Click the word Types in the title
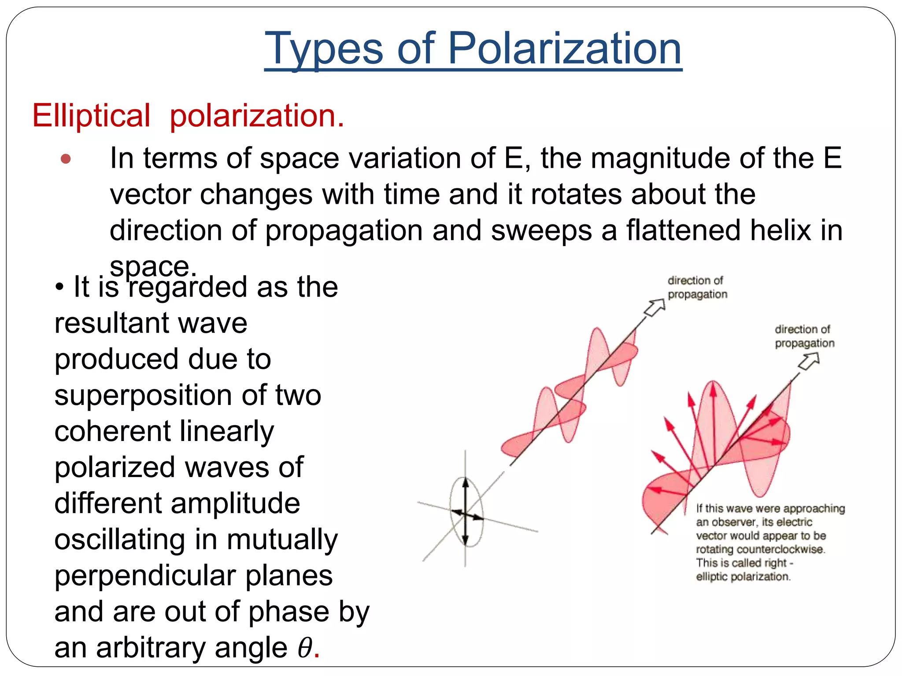pos(324,49)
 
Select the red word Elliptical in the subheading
pos(92,116)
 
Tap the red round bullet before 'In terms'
pos(66,158)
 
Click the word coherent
pos(112,431)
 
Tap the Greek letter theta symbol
pos(305,648)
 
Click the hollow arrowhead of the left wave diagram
pos(655,307)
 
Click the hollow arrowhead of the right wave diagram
pos(810,361)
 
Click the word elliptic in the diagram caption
pos(711,577)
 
